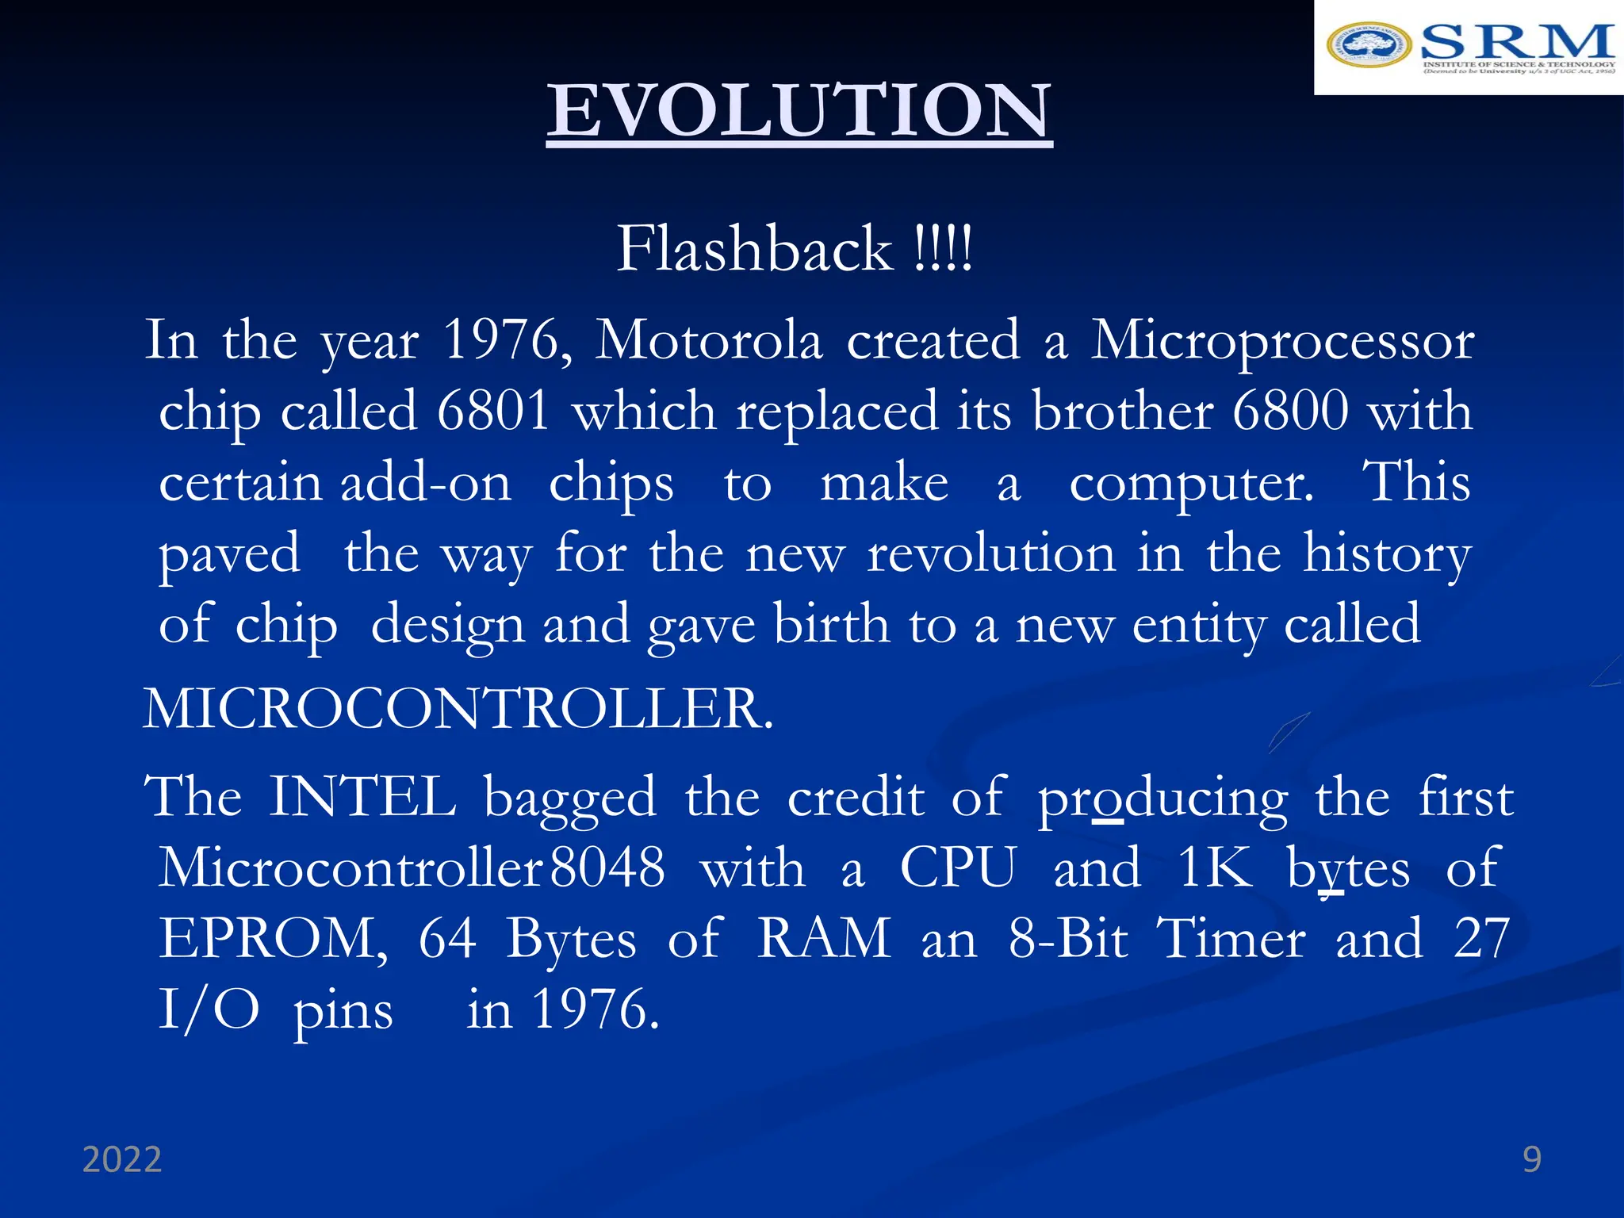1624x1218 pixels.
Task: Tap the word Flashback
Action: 754,249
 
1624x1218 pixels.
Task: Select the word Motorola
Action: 709,341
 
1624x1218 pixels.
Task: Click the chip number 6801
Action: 493,412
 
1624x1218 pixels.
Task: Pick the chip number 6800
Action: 1291,412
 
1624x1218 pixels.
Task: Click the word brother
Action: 1122,412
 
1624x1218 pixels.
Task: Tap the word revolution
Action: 991,553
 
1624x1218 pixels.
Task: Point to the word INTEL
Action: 362,797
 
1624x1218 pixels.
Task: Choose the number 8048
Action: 607,868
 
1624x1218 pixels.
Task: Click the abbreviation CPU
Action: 958,868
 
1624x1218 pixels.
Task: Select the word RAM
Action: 824,939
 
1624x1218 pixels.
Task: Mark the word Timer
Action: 1231,939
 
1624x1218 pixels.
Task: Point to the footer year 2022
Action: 122,1160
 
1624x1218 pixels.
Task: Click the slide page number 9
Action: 1532,1160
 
